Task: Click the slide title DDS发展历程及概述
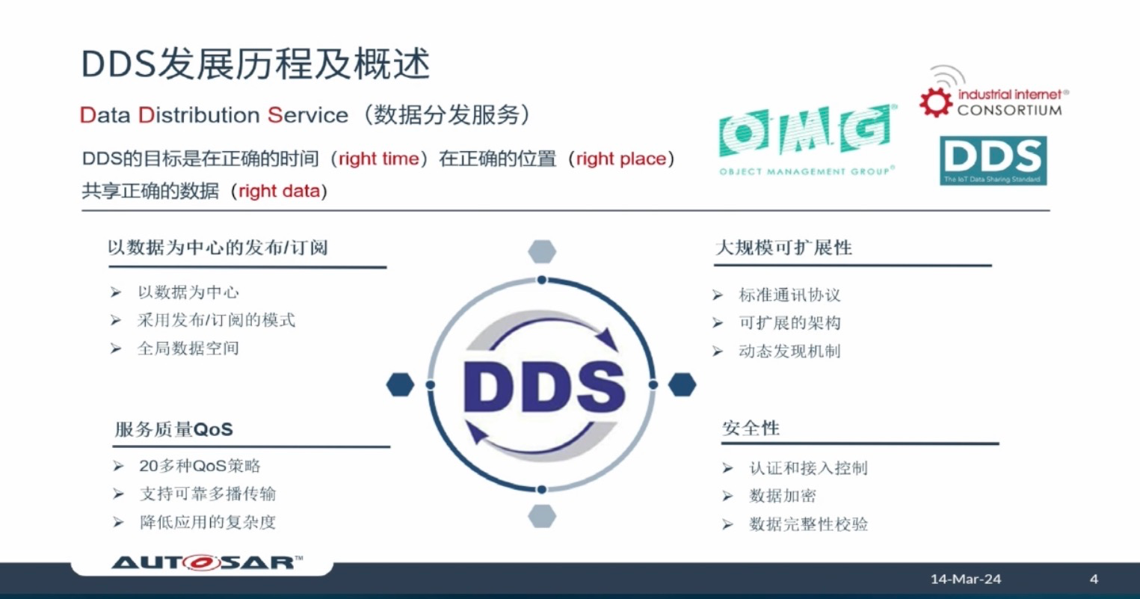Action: click(256, 64)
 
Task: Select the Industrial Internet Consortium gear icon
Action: click(935, 102)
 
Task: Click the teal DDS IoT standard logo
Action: click(993, 160)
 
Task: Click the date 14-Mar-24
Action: click(965, 579)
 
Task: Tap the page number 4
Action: click(1094, 579)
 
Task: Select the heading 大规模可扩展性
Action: click(783, 248)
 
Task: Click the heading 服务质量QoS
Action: click(173, 429)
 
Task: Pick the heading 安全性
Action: click(751, 428)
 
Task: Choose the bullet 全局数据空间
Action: click(188, 348)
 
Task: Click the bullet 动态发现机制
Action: click(789, 351)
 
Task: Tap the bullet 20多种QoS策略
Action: click(200, 466)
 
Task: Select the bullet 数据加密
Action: click(782, 496)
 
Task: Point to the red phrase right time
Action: click(379, 159)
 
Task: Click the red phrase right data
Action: click(279, 191)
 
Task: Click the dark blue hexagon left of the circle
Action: click(401, 384)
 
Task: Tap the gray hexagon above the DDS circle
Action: click(542, 251)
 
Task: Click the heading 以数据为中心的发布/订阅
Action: click(218, 248)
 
